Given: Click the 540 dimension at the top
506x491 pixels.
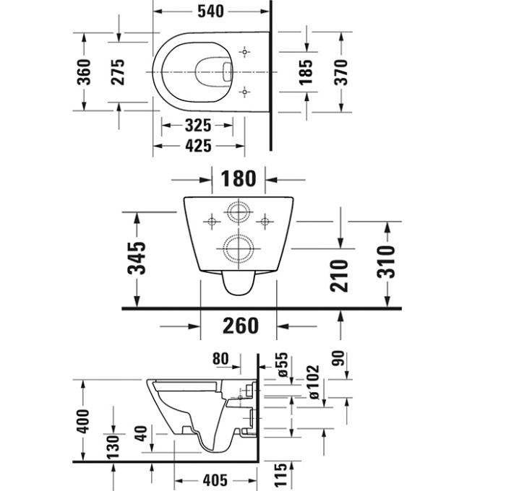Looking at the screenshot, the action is pos(210,12).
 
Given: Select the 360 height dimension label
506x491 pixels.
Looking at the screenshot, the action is pos(84,72).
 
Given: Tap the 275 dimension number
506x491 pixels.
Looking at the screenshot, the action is pos(118,72).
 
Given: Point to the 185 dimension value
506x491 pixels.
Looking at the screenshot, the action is pos(306,72).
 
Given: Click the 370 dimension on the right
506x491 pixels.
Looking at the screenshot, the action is pos(341,72).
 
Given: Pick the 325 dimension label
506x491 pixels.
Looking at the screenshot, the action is pos(198,126).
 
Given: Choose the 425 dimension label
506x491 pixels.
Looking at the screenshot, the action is pos(198,146).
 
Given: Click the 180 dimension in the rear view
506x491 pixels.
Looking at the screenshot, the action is pos(238,178).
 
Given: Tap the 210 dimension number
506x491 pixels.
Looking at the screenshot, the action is pos(340,276).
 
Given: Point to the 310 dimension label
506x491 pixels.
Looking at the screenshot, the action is pos(386,262).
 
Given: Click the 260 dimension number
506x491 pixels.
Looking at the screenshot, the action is pos(241,326).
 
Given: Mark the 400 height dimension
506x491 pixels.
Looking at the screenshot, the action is pos(83,422).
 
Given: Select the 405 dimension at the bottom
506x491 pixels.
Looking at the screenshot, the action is pos(215,480).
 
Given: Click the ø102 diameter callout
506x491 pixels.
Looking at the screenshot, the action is pos(313,382).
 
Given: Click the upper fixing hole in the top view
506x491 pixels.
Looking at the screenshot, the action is pos(244,52).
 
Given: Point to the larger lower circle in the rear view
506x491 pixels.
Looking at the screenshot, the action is pos(239,249).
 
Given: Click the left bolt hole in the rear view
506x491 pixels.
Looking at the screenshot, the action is pos(212,222).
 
